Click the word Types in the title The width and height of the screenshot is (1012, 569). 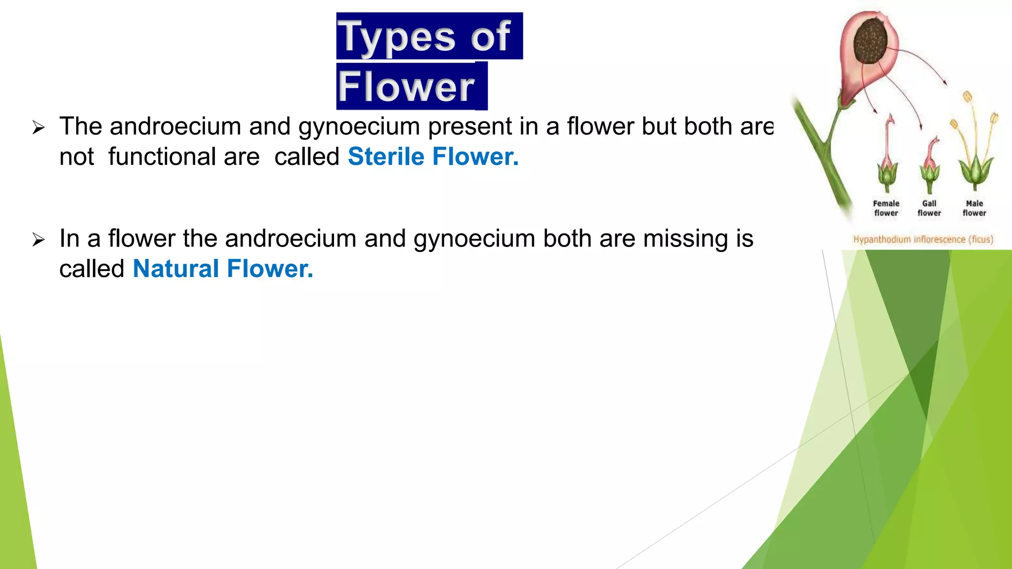pyautogui.click(x=398, y=37)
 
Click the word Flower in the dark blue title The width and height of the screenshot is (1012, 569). pyautogui.click(x=406, y=86)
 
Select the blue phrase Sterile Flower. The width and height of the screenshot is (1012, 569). pyautogui.click(x=433, y=157)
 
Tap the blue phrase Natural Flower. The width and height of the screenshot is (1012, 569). pyautogui.click(x=223, y=269)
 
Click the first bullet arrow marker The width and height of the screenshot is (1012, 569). pyautogui.click(x=39, y=128)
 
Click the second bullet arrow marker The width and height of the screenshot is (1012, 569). pyautogui.click(x=39, y=240)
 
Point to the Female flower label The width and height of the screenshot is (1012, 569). pyautogui.click(x=886, y=208)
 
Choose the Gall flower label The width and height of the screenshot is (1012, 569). pyautogui.click(x=929, y=208)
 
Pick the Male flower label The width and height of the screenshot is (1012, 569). pyautogui.click(x=974, y=208)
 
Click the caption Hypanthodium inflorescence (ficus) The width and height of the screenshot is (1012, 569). pyautogui.click(x=923, y=240)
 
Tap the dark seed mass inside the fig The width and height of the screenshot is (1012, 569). pyautogui.click(x=870, y=41)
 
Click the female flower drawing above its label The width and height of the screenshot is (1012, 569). pyautogui.click(x=887, y=158)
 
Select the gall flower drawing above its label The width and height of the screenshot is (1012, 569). pyautogui.click(x=930, y=165)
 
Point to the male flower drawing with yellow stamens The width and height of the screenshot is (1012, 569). pyautogui.click(x=974, y=148)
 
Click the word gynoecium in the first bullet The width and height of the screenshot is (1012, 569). pyautogui.click(x=359, y=126)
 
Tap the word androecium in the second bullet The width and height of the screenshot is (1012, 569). pyautogui.click(x=291, y=239)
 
